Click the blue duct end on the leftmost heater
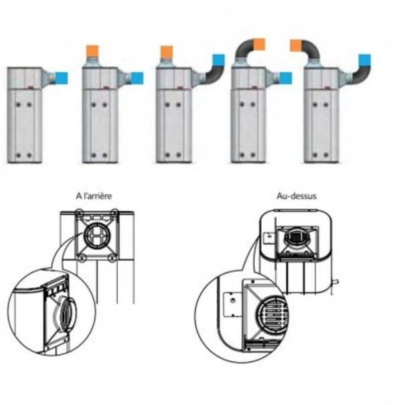point(61,78)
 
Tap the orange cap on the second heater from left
point(93,50)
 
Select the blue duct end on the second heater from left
point(136,78)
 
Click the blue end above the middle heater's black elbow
point(218,60)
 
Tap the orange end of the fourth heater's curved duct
point(260,45)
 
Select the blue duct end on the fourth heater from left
point(285,78)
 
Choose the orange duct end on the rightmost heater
point(295,45)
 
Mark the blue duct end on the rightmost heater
point(364,60)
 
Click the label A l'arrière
point(94,196)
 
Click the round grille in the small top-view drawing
point(295,238)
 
